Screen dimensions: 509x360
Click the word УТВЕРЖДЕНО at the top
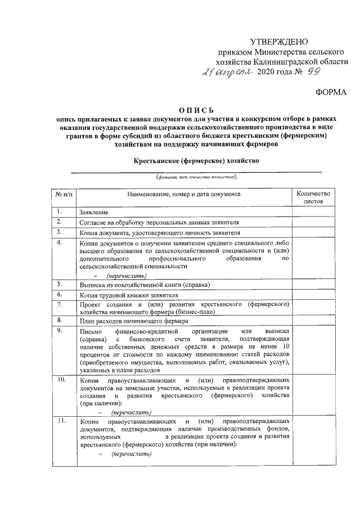click(279, 41)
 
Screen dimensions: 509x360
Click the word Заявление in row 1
click(94, 213)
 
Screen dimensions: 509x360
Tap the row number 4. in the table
click(60, 242)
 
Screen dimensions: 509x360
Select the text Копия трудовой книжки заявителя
click(129, 295)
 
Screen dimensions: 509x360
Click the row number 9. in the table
click(60, 330)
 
